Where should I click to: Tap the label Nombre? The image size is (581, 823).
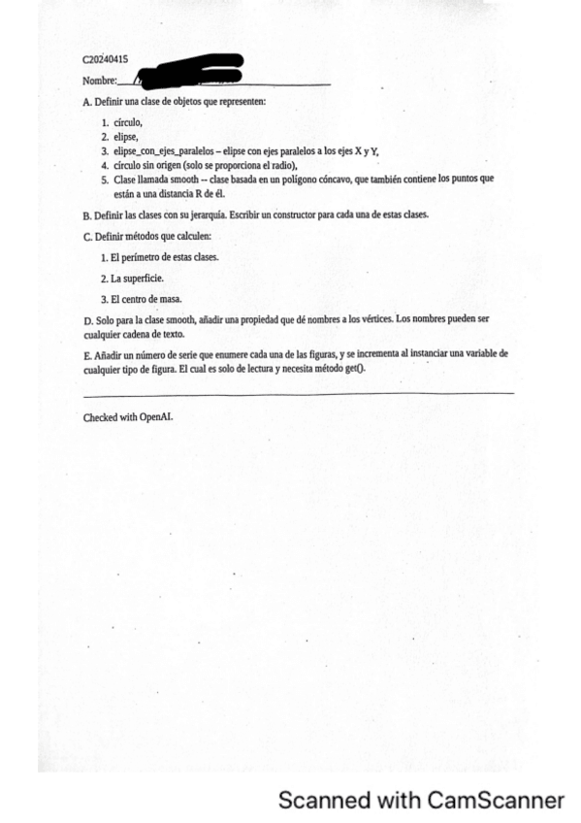tap(100, 81)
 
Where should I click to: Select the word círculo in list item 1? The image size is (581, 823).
tap(128, 122)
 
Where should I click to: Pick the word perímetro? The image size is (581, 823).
tap(140, 257)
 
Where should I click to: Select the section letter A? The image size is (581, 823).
tap(86, 102)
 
